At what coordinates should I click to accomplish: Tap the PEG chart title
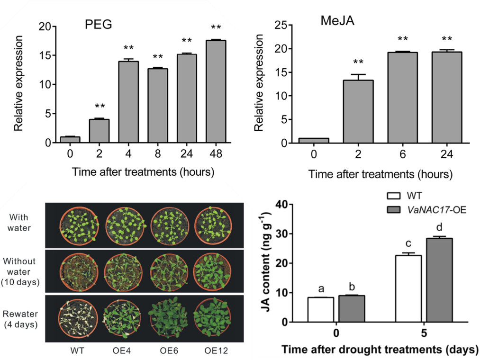[98, 24]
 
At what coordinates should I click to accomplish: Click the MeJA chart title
[335, 21]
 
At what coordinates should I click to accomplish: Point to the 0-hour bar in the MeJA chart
[313, 141]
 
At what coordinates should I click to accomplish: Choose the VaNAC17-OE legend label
[432, 209]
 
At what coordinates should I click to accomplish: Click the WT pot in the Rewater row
[77, 318]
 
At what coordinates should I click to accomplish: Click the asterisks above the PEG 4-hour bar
[129, 48]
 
